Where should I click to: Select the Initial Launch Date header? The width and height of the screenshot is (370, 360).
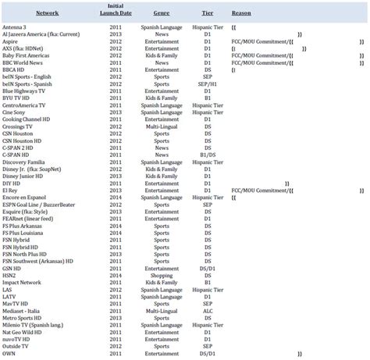tap(116, 10)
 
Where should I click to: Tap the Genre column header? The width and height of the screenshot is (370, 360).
tap(162, 14)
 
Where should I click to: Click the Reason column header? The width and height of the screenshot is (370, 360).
tap(241, 14)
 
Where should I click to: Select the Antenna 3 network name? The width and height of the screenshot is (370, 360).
tap(18, 27)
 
